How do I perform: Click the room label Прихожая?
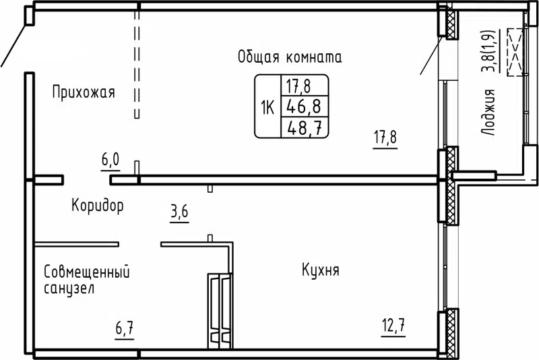pyautogui.click(x=84, y=93)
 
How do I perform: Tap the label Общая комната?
pyautogui.click(x=289, y=57)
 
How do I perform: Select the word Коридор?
pyautogui.click(x=98, y=206)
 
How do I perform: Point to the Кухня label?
pyautogui.click(x=320, y=271)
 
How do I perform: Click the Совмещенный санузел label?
pyautogui.click(x=86, y=280)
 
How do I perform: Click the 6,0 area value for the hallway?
pyautogui.click(x=110, y=160)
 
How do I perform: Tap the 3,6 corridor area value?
pyautogui.click(x=179, y=212)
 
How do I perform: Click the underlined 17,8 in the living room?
pyautogui.click(x=385, y=139)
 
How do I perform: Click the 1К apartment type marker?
pyautogui.click(x=267, y=107)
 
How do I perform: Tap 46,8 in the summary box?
pyautogui.click(x=304, y=106)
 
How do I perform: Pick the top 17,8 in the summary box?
pyautogui.click(x=304, y=86)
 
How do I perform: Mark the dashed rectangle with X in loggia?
pyautogui.click(x=516, y=52)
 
